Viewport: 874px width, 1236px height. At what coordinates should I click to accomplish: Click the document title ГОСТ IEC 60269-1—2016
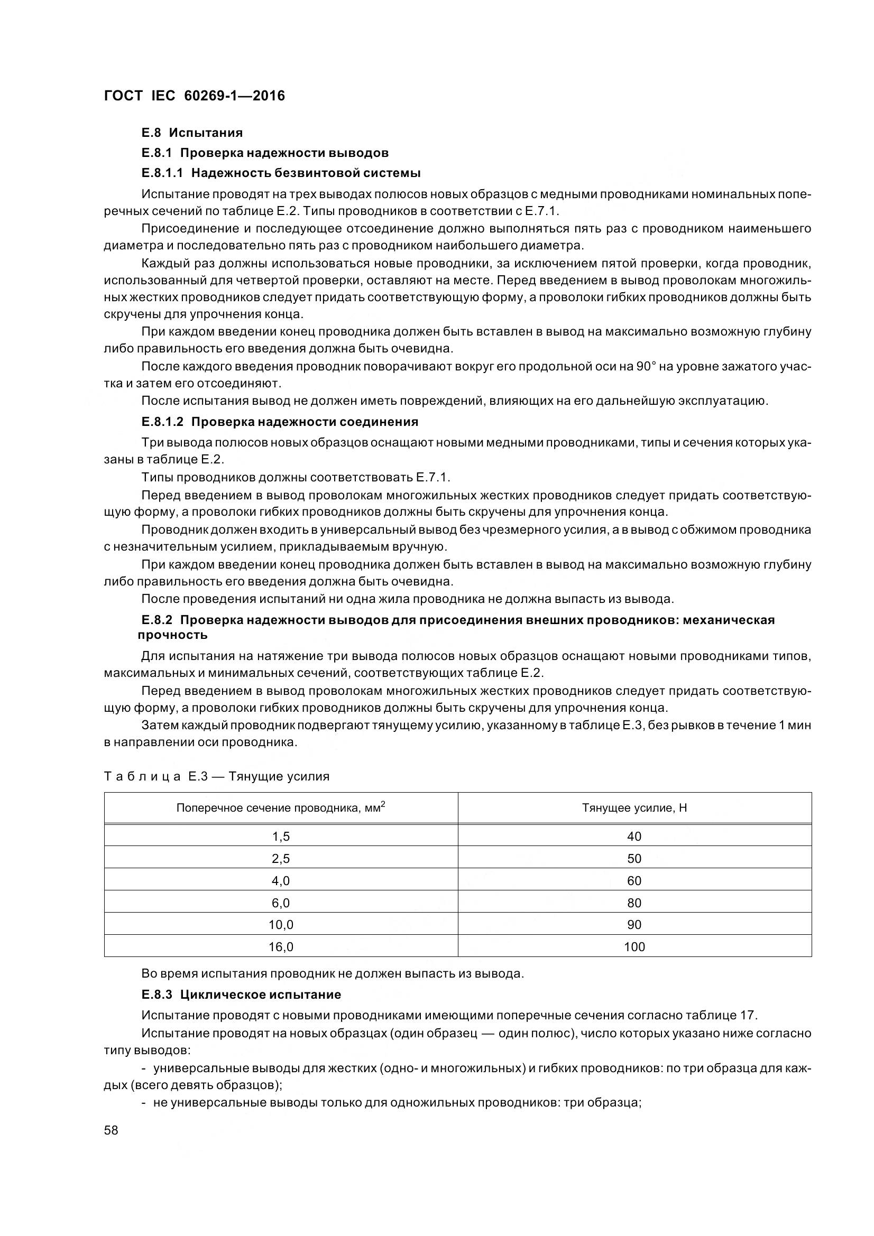[x=195, y=96]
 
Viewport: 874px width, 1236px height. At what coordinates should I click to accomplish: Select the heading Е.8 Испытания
[x=192, y=133]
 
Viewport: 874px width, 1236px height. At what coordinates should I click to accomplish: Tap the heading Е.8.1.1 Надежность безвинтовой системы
[x=281, y=173]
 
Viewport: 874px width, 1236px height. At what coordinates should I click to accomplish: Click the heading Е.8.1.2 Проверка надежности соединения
[x=280, y=421]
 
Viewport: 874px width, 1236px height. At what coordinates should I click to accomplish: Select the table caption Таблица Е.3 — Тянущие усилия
[x=216, y=776]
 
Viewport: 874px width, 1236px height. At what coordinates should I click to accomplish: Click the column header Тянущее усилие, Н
[x=634, y=808]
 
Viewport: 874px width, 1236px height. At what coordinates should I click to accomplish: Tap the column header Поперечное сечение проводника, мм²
[x=281, y=808]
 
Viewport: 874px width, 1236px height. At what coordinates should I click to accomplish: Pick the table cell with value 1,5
[x=281, y=836]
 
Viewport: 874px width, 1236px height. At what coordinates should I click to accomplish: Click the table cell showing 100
[x=634, y=947]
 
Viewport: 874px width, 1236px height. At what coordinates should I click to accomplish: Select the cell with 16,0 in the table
[x=281, y=947]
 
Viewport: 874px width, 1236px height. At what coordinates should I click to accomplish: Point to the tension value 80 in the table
[x=634, y=903]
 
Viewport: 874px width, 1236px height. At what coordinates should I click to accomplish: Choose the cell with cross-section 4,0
[x=281, y=881]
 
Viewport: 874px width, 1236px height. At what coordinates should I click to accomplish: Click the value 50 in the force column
[x=634, y=859]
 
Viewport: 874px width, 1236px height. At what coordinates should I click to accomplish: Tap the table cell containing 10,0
[x=281, y=925]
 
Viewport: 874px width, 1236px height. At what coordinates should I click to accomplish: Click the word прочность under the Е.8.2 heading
[x=172, y=635]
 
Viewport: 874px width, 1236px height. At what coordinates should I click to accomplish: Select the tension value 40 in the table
[x=634, y=836]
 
